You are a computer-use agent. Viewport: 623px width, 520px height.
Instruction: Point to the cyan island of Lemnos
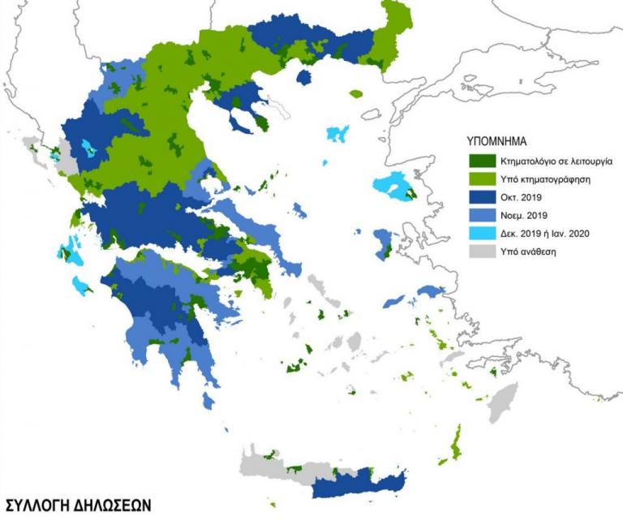pos(337,134)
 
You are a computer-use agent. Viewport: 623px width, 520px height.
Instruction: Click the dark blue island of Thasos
pos(305,77)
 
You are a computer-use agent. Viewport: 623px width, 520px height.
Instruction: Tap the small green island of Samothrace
pos(356,93)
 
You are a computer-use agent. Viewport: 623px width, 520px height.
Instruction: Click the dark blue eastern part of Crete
pos(357,487)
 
